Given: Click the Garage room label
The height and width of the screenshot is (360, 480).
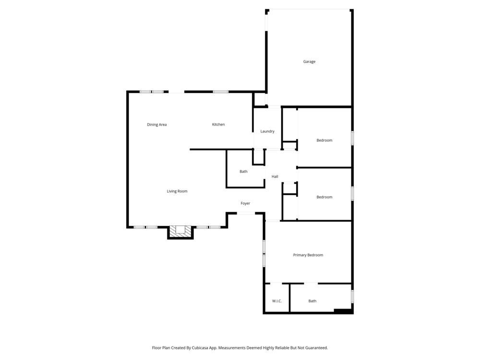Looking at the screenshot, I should (x=309, y=61).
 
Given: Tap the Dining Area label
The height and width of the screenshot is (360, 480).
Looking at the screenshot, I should (x=156, y=125).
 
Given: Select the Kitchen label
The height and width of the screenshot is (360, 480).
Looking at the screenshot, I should (x=218, y=125).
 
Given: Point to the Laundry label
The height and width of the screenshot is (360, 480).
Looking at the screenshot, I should (x=267, y=132).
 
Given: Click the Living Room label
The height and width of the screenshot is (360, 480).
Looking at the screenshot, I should (x=177, y=192).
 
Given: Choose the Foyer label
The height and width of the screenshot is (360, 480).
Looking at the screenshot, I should (x=245, y=204).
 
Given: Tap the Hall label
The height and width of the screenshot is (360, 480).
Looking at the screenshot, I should (x=275, y=177).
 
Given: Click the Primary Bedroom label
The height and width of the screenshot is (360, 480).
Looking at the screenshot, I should (x=308, y=255).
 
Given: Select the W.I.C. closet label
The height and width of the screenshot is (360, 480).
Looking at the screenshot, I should (x=277, y=301).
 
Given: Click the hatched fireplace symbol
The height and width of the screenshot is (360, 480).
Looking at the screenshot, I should (x=180, y=230).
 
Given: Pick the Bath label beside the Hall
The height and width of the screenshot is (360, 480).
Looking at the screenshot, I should (x=244, y=172).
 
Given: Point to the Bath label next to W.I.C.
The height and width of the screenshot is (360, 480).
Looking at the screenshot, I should (x=312, y=301).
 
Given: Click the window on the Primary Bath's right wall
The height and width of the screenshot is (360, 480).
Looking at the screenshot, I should (x=352, y=296).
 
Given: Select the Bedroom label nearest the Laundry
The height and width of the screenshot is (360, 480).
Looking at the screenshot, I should (x=324, y=141).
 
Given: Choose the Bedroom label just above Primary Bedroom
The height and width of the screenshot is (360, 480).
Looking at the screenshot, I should (x=324, y=197).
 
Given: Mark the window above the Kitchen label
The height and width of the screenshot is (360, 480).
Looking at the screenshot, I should (x=220, y=91).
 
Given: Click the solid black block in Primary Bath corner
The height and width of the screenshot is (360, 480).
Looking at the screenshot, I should (x=343, y=311).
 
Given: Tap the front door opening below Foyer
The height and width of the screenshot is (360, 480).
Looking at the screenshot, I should (x=245, y=213).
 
